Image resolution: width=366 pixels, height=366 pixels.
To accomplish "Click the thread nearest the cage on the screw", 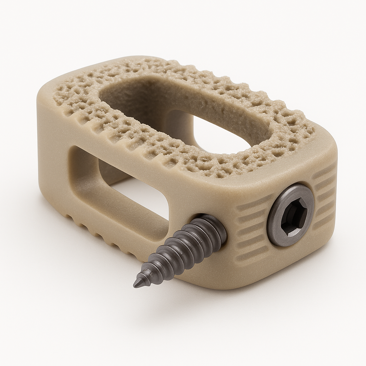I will (x=214, y=231).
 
